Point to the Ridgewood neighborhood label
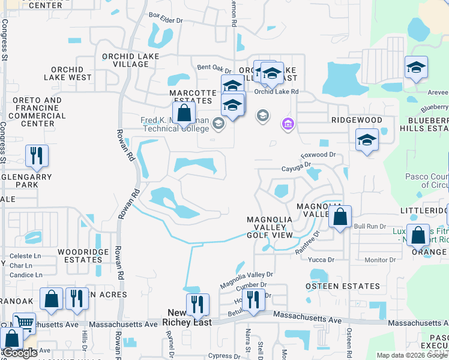click(357, 120)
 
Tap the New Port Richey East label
click(187, 317)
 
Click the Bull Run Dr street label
click(369, 226)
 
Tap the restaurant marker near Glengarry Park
click(37, 157)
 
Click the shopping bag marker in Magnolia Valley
click(340, 218)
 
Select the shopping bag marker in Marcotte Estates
click(184, 112)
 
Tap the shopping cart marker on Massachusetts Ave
click(25, 323)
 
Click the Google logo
click(20, 353)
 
